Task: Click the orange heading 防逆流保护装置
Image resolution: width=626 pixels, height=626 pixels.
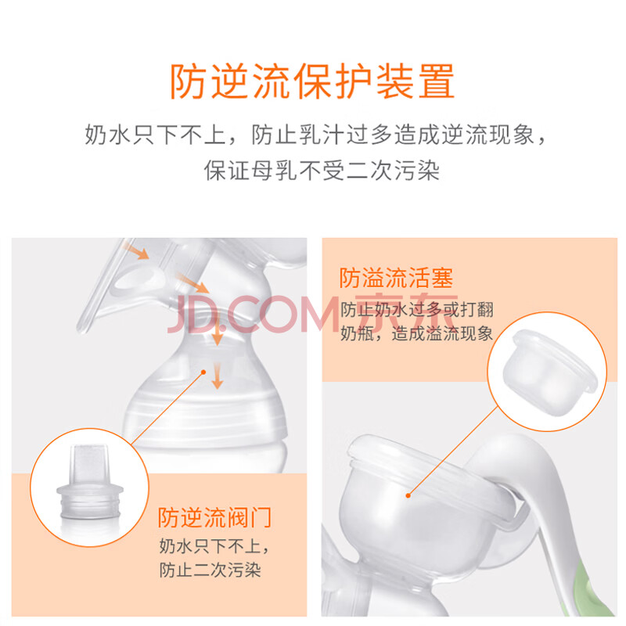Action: [x=312, y=81]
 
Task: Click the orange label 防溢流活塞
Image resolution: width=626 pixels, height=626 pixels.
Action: [x=396, y=278]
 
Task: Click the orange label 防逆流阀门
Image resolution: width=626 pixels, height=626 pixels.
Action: [x=214, y=518]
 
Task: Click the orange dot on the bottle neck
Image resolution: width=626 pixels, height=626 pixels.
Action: [x=203, y=372]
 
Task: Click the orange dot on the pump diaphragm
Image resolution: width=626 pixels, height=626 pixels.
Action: [x=408, y=495]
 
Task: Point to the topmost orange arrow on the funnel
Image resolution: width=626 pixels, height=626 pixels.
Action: [x=135, y=250]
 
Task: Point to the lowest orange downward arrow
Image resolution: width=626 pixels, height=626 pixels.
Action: [x=218, y=376]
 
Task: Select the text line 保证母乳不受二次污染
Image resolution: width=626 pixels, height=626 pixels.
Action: [x=322, y=171]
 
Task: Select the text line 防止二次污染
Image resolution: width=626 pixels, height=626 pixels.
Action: [x=210, y=570]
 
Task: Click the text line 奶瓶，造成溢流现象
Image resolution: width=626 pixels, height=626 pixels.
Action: [x=417, y=333]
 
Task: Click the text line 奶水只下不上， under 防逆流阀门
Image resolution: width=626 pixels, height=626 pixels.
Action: [x=214, y=545]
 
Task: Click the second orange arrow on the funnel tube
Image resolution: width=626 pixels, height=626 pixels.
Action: [x=192, y=283]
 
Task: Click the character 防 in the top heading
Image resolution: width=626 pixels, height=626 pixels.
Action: [x=188, y=81]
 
